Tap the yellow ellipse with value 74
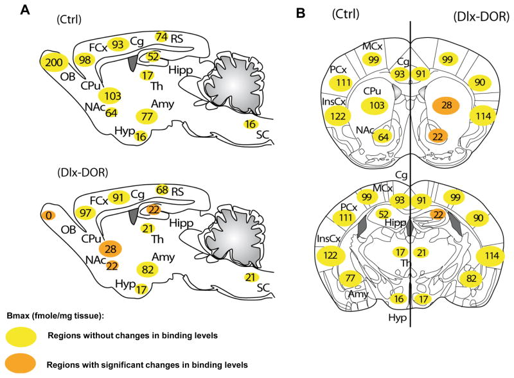coord(161,37)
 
